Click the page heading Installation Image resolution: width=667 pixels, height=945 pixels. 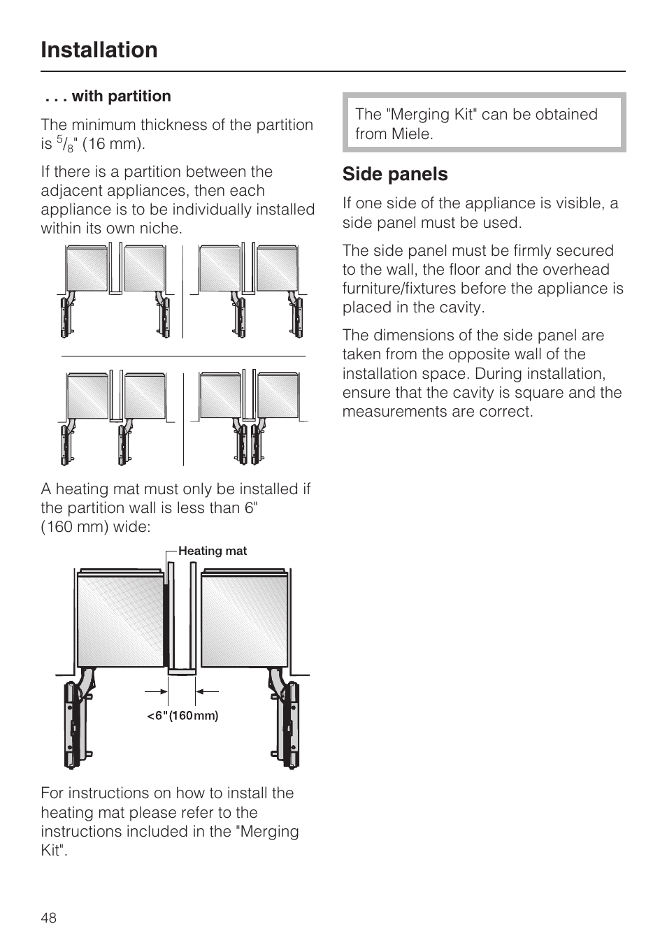click(x=99, y=50)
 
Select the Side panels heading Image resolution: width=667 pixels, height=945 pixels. click(x=395, y=174)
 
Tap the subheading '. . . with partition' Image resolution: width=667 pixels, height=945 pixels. click(x=108, y=96)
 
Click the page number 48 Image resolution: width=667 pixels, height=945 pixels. click(x=49, y=918)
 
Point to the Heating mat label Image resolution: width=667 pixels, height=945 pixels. click(x=212, y=551)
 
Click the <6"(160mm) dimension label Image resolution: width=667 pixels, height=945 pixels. click(x=182, y=716)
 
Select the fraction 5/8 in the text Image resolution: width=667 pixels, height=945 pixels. click(x=64, y=145)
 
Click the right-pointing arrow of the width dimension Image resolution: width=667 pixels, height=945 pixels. click(x=159, y=691)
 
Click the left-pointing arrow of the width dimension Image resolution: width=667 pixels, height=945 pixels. click(x=206, y=691)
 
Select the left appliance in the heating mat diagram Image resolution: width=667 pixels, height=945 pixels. click(x=120, y=619)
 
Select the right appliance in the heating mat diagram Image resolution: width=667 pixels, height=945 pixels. click(x=245, y=619)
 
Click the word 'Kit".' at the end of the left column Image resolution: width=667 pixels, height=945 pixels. click(x=54, y=851)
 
